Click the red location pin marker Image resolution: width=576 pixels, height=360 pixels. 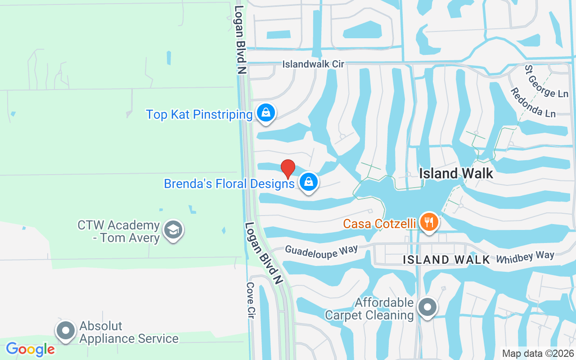coord(288,169)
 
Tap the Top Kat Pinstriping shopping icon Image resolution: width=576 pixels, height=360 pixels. coord(266,112)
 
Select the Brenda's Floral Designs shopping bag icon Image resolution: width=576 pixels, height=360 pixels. coord(308,182)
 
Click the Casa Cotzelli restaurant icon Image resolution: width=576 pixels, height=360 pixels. coord(429,222)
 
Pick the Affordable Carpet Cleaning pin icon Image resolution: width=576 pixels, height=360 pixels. coord(427,307)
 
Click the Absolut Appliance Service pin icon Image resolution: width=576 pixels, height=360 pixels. coord(66,331)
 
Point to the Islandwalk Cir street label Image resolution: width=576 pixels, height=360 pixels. coord(313,64)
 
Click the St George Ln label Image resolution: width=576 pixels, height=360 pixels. coord(546,81)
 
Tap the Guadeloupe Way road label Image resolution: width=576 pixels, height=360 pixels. coord(321,252)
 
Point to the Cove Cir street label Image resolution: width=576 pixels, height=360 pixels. coord(251,300)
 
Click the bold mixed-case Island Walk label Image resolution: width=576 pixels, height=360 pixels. coord(456,173)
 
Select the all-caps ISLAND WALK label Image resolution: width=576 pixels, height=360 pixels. coord(446,260)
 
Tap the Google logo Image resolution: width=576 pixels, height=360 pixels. coord(30,349)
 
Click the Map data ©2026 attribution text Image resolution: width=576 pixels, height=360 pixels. coord(538,354)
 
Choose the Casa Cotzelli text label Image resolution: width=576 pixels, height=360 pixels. coord(379,224)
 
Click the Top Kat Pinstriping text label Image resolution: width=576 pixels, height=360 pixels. coord(199,115)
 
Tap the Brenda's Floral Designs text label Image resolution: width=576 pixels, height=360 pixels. coord(229,184)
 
